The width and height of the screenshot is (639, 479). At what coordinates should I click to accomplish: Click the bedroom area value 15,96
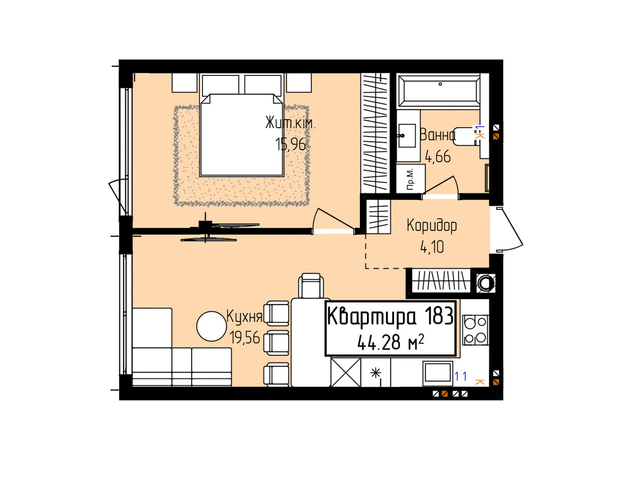coord(290,144)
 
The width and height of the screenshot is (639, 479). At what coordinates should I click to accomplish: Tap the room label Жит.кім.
coord(291,123)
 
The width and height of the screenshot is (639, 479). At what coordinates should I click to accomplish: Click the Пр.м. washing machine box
coord(411,179)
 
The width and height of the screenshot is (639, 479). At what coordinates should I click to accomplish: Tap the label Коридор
coord(432,226)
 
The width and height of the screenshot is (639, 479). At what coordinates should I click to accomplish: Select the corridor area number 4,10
coord(432,247)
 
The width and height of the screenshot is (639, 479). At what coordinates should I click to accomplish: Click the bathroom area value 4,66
coord(438,157)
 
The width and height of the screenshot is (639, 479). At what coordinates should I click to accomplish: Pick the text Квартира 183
coord(390,317)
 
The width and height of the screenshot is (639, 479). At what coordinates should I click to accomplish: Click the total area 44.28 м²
coord(390,342)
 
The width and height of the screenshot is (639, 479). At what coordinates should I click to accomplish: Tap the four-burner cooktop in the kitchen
coord(475,330)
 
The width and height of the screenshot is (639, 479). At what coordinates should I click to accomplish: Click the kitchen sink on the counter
coord(438,373)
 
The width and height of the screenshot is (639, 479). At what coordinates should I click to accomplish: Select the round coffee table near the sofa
coord(212,326)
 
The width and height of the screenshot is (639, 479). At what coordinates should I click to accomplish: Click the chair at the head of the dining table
coord(311,286)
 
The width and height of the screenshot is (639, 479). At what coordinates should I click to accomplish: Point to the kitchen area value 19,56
coord(244,338)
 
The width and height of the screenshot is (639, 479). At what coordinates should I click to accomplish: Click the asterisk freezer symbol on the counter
coord(375,373)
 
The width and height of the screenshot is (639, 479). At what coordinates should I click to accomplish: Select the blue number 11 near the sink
coord(460,376)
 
